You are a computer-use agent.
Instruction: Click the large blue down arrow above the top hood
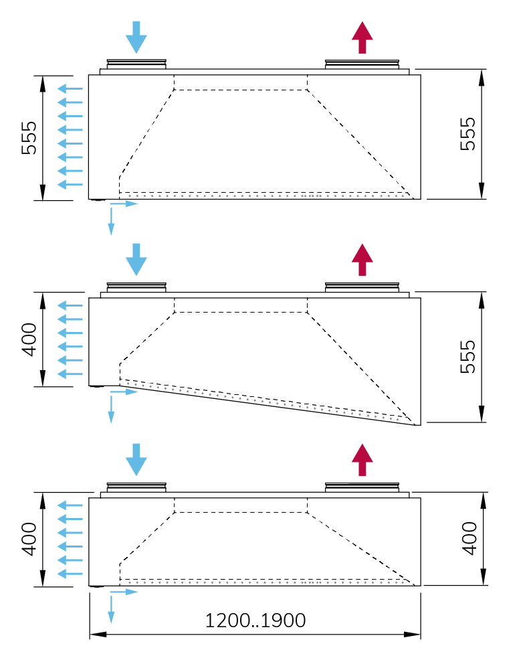[x=136, y=37]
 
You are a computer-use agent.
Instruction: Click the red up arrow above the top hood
[x=362, y=37]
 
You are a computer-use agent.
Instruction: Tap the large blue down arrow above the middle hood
[x=136, y=260]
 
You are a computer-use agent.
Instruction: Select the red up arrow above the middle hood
[x=362, y=260]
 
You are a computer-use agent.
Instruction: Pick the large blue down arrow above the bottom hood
[x=136, y=460]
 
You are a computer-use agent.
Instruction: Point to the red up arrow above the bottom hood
[x=362, y=460]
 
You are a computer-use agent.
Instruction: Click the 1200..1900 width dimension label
[x=255, y=620]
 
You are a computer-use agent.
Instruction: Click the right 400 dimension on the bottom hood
[x=470, y=538]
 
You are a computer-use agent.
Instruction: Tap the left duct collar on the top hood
[x=136, y=64]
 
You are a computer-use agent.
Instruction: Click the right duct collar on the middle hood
[x=362, y=286]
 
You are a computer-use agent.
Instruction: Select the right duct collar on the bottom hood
[x=362, y=486]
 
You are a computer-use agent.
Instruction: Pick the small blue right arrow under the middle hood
[x=126, y=392]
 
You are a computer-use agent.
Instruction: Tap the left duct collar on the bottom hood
[x=136, y=486]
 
